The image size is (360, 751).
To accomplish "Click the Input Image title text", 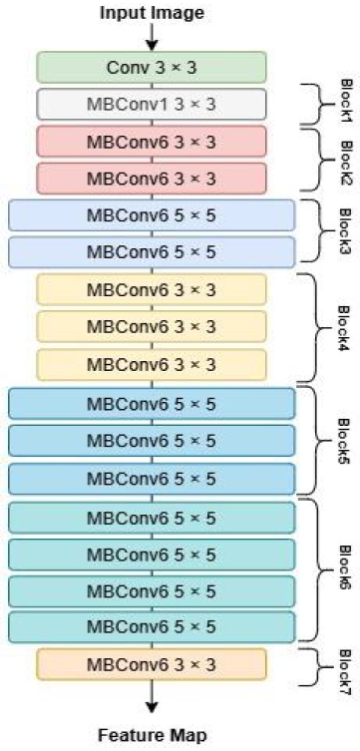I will click(152, 13).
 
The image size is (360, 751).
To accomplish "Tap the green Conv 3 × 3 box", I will click(152, 67).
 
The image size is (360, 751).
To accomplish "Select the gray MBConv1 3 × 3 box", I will click(152, 104).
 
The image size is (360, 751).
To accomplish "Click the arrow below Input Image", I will click(152, 37).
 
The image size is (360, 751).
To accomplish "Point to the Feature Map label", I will click(152, 736).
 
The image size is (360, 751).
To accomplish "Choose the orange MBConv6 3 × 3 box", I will click(152, 663).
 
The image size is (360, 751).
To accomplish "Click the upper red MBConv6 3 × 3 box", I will click(152, 142).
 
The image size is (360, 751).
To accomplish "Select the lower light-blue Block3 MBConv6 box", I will click(152, 252).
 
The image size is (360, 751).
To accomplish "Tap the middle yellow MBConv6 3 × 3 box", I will click(152, 326).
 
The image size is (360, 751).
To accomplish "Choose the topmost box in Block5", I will click(152, 403).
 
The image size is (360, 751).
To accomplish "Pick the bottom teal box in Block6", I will click(152, 626).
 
